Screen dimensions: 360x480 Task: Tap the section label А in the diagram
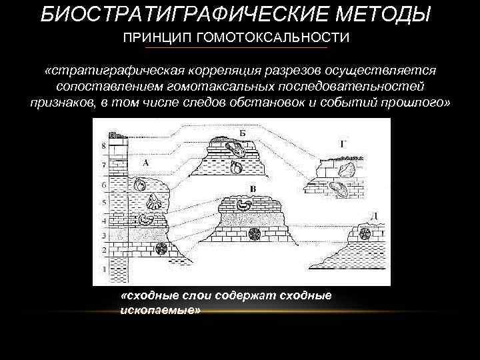145,161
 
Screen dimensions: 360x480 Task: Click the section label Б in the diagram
243,133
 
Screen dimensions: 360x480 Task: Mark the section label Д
375,215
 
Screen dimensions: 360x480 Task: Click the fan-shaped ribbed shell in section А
155,199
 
